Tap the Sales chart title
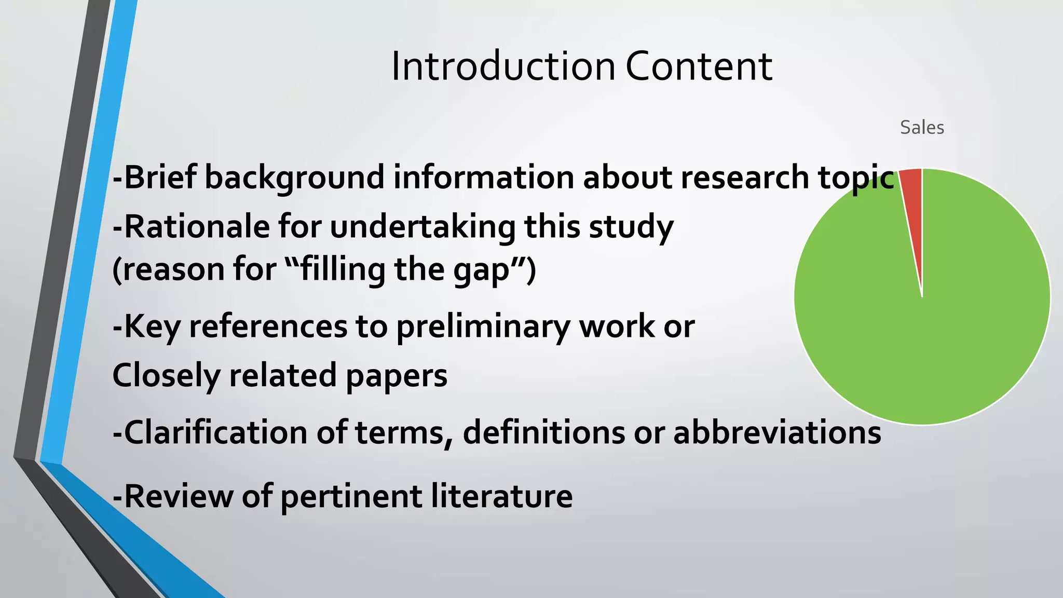(922, 128)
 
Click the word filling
(343, 270)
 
